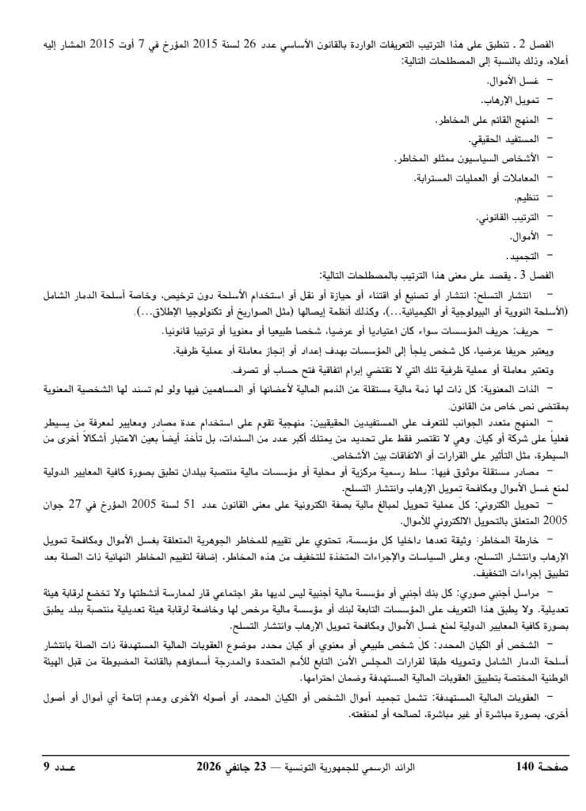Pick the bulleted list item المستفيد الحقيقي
click(x=500, y=139)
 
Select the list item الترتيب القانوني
click(x=508, y=217)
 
